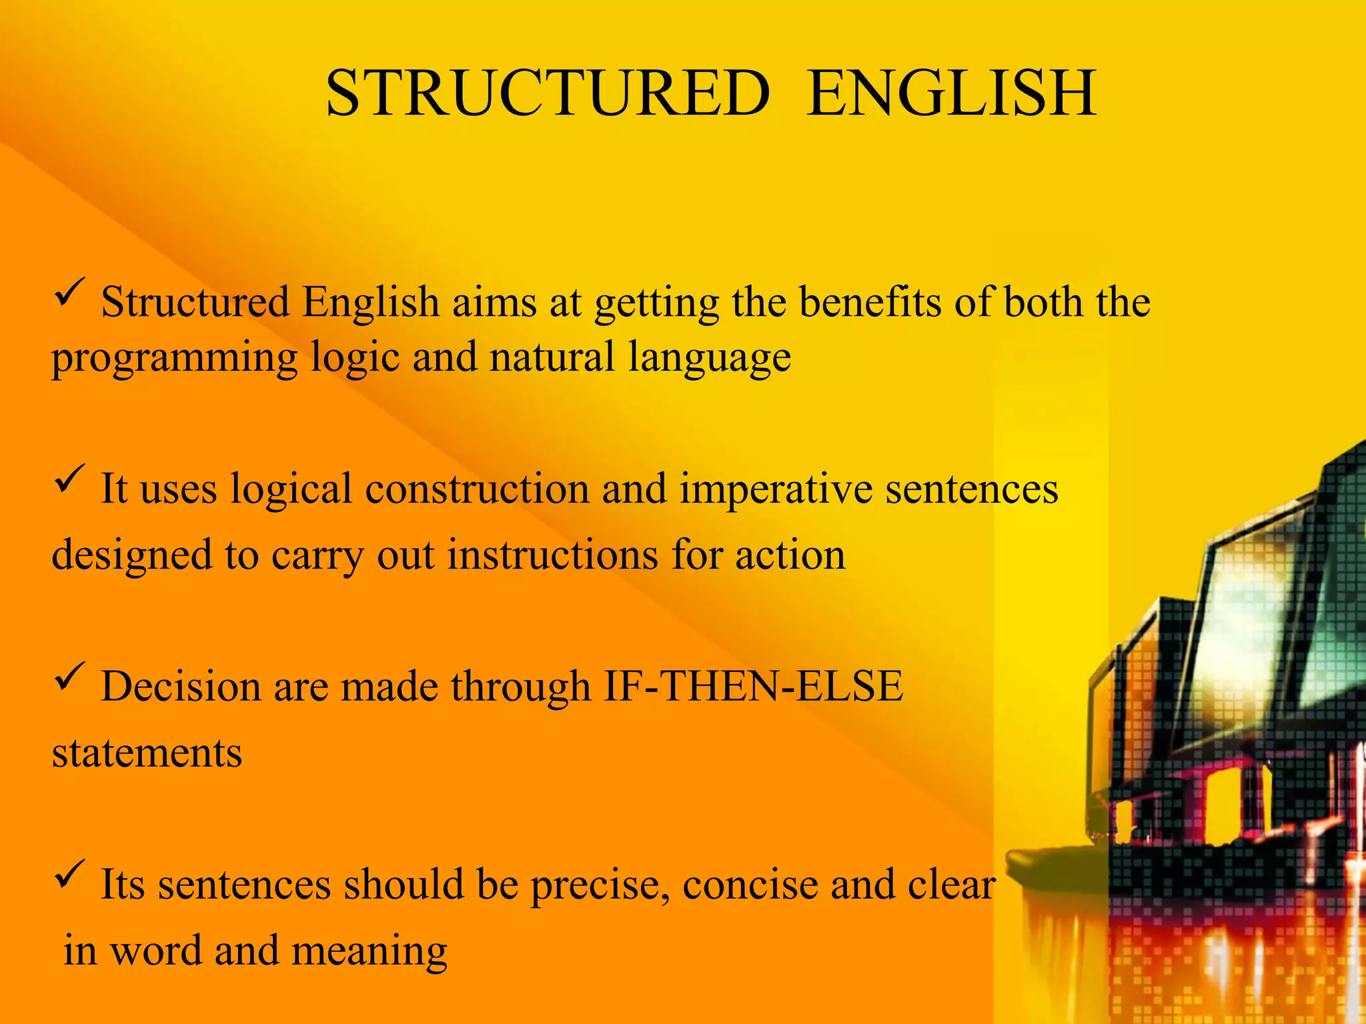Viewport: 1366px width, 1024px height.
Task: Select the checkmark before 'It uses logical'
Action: [69, 479]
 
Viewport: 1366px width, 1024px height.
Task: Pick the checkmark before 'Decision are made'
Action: [69, 676]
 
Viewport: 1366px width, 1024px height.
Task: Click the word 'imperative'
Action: [776, 490]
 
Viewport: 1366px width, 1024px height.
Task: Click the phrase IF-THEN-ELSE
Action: [753, 686]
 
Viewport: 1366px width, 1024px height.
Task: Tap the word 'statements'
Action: [147, 753]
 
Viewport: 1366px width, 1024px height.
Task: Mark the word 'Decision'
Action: [180, 687]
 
